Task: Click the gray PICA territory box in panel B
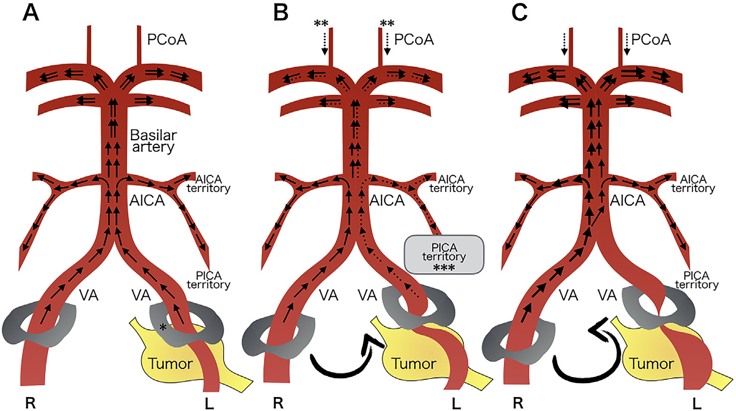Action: click(444, 255)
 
